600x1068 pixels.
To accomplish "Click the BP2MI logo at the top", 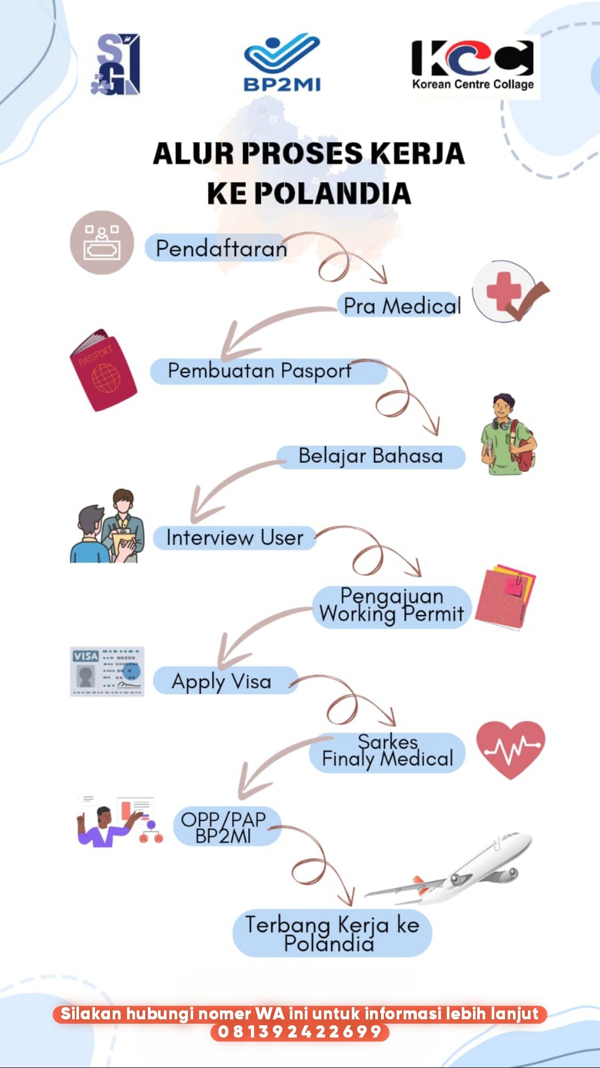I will pos(282,64).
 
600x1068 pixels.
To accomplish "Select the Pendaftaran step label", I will pos(221,248).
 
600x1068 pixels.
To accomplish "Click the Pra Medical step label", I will pos(401,306).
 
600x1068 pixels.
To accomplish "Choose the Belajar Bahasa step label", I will pos(370,457).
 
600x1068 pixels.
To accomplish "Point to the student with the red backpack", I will pos(507,435).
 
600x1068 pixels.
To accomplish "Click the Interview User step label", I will pos(234,538).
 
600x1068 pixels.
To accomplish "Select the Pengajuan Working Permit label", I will pos(391,606).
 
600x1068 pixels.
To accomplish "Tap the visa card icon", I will pos(107,671).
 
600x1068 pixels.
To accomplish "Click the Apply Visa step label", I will pos(222,681).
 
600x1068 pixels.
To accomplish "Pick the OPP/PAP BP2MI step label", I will pos(224,827).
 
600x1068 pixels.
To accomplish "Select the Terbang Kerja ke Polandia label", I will pos(331,933).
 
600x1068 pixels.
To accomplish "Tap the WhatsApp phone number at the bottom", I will pos(299,1031).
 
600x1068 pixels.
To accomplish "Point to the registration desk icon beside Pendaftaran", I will pos(101,242).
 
